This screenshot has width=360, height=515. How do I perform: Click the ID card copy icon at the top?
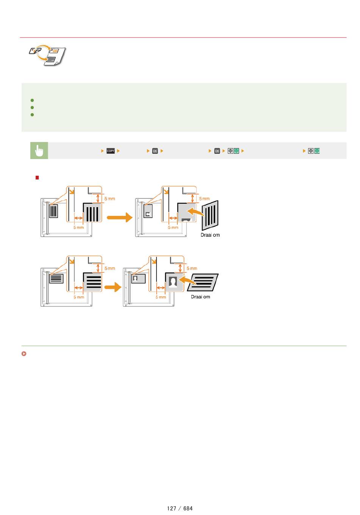(47, 55)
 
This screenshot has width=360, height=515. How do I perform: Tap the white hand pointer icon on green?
(39, 151)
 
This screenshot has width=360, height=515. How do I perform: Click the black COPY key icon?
(110, 151)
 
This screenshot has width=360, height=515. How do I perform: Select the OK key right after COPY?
(155, 151)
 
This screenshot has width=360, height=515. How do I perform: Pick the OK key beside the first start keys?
(217, 151)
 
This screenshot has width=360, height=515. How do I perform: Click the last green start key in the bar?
(317, 151)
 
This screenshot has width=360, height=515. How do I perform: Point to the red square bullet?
(37, 178)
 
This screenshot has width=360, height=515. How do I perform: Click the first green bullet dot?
(32, 100)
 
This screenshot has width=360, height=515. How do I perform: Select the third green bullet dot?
(32, 115)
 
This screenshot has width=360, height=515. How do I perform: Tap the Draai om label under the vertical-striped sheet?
(210, 235)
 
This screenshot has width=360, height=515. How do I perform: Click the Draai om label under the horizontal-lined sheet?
(200, 297)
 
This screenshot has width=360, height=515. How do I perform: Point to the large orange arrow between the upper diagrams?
(120, 217)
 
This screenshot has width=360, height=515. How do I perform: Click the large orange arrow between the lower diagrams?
(113, 287)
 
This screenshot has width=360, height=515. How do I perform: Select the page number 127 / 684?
(180, 508)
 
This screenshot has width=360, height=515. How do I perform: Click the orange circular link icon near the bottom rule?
(24, 354)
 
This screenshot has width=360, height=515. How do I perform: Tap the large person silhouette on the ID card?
(173, 282)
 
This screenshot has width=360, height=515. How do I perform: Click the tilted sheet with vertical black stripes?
(210, 215)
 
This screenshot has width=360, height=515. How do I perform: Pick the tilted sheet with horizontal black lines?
(203, 282)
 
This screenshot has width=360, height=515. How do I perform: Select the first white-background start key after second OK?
(230, 151)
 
